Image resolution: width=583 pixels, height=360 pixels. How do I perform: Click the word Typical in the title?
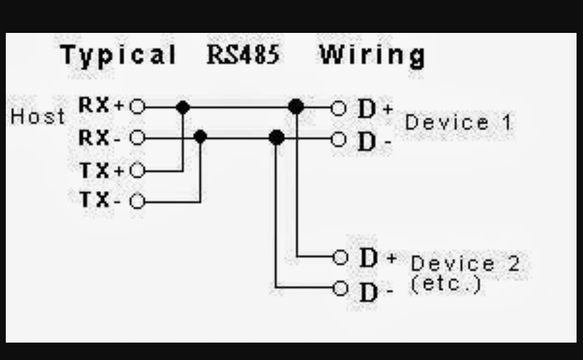tap(119, 55)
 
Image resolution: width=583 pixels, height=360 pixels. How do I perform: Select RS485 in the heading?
tap(243, 55)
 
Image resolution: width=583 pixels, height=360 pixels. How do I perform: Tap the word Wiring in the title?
tap(372, 55)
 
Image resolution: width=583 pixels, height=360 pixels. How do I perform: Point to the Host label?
tap(38, 117)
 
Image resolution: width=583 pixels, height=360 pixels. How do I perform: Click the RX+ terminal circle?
tap(137, 107)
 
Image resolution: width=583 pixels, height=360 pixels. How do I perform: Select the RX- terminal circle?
tap(137, 138)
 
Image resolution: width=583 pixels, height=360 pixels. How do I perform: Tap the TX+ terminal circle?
tap(137, 171)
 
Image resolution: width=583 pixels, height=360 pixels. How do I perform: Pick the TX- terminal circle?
tap(137, 202)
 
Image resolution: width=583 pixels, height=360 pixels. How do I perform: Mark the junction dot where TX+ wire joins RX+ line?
tap(183, 107)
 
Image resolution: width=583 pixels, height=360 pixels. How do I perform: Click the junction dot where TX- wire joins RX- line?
tap(201, 137)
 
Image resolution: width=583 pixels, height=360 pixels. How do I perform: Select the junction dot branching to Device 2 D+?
tap(296, 107)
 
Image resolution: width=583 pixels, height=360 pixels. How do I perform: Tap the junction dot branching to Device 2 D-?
tap(277, 137)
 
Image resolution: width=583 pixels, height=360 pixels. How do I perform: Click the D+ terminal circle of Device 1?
tap(339, 108)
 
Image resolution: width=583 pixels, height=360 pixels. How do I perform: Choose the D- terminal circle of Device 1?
tap(339, 138)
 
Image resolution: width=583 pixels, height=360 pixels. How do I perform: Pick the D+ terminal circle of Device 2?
tap(341, 257)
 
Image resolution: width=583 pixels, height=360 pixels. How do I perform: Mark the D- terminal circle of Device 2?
tap(341, 288)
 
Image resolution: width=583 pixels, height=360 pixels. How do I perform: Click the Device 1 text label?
tap(459, 123)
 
